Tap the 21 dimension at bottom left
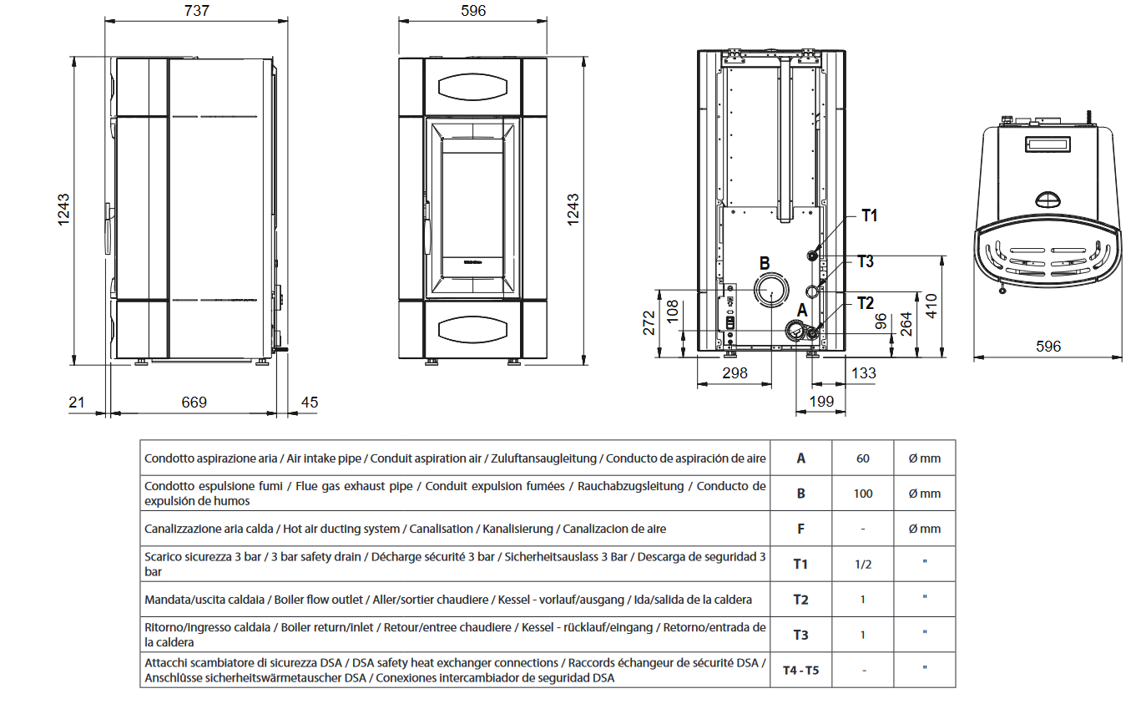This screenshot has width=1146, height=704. click(77, 403)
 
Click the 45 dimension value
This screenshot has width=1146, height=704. click(309, 403)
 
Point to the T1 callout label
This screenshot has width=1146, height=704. click(869, 216)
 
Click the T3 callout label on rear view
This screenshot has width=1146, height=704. click(866, 261)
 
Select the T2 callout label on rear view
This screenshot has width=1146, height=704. click(865, 302)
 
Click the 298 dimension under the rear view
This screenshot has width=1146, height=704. click(734, 373)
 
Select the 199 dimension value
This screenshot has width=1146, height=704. click(821, 403)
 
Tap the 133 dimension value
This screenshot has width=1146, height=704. click(863, 373)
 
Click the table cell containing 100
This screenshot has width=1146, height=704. click(863, 494)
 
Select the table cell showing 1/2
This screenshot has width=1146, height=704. click(863, 564)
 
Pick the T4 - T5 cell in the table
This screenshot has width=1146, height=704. click(800, 670)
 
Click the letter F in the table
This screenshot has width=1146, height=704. click(800, 529)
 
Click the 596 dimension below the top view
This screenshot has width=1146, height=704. click(1048, 346)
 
